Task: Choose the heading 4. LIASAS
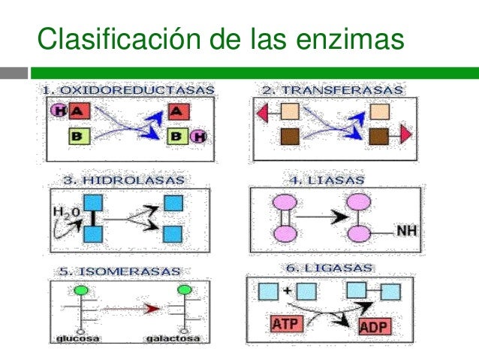pos(327,180)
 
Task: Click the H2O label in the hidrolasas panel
pos(63,213)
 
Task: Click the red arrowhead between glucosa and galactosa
pos(152,308)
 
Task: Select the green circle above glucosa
pos(81,289)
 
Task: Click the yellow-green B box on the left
pos(80,136)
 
